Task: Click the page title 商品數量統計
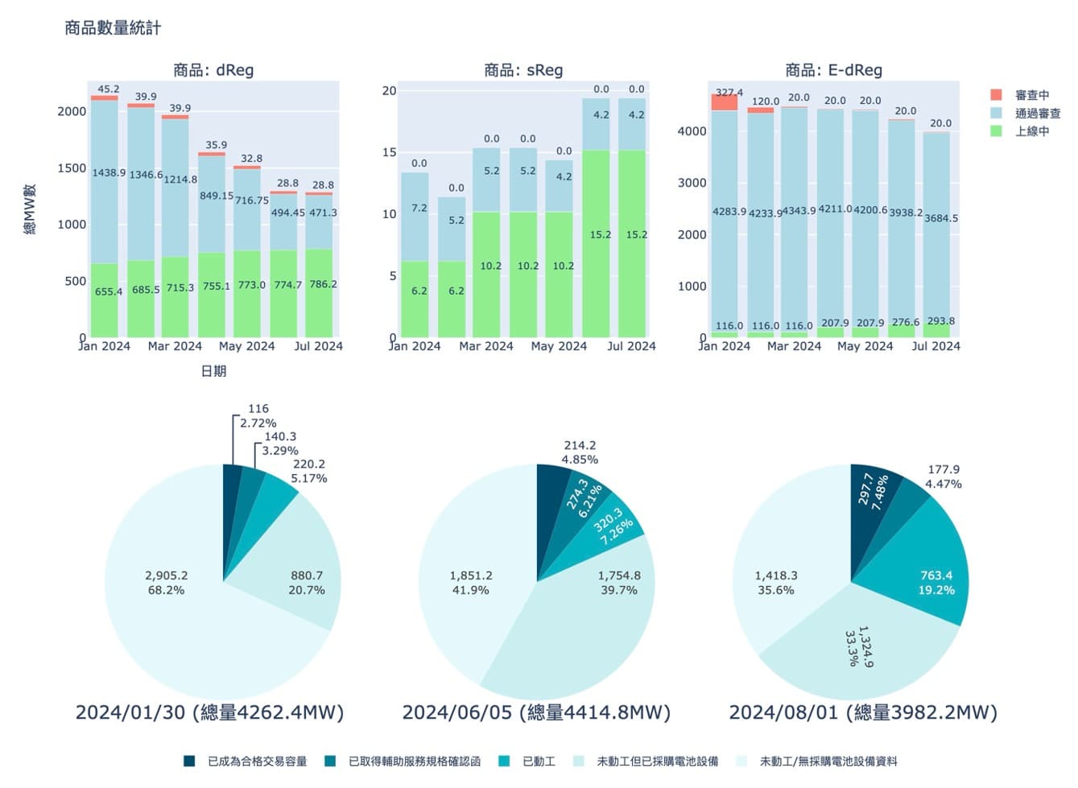(x=113, y=28)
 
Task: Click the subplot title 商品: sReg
(x=523, y=70)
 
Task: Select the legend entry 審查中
(x=1031, y=95)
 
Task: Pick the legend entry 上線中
(x=1031, y=131)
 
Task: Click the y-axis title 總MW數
(x=30, y=209)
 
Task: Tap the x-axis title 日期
(x=213, y=371)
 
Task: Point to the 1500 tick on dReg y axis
(x=71, y=168)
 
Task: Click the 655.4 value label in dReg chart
(x=109, y=291)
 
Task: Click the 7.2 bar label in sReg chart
(x=419, y=208)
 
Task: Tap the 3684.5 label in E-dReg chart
(x=940, y=218)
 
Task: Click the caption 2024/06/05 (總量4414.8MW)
(x=536, y=712)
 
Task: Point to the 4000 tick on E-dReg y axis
(x=692, y=131)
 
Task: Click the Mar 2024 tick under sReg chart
(x=485, y=346)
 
